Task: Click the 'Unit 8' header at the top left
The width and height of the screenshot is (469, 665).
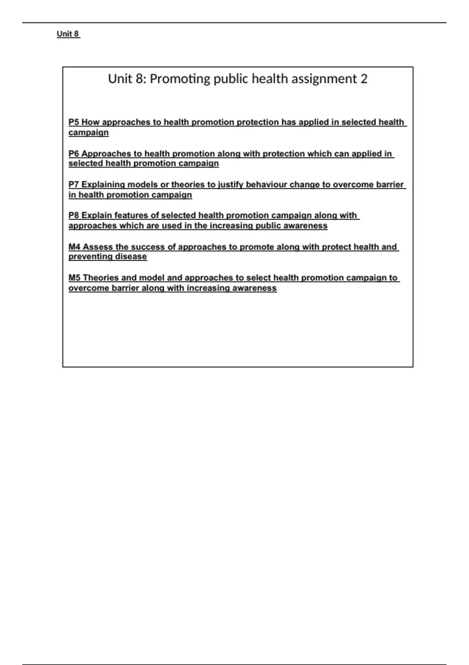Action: click(x=68, y=34)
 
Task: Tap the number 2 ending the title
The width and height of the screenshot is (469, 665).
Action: click(x=364, y=79)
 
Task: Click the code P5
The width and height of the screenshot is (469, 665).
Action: click(x=74, y=122)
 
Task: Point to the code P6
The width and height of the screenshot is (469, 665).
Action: click(x=74, y=154)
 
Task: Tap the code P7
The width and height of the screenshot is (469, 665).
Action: click(x=74, y=185)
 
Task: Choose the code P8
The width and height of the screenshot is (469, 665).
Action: click(x=74, y=216)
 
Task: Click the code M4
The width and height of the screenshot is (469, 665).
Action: click(x=74, y=247)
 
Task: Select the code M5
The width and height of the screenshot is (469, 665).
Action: click(x=74, y=278)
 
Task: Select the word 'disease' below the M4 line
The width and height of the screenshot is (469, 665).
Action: click(x=131, y=257)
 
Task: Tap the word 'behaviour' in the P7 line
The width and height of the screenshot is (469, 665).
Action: click(x=266, y=185)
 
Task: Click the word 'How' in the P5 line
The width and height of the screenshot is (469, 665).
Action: click(x=90, y=122)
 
